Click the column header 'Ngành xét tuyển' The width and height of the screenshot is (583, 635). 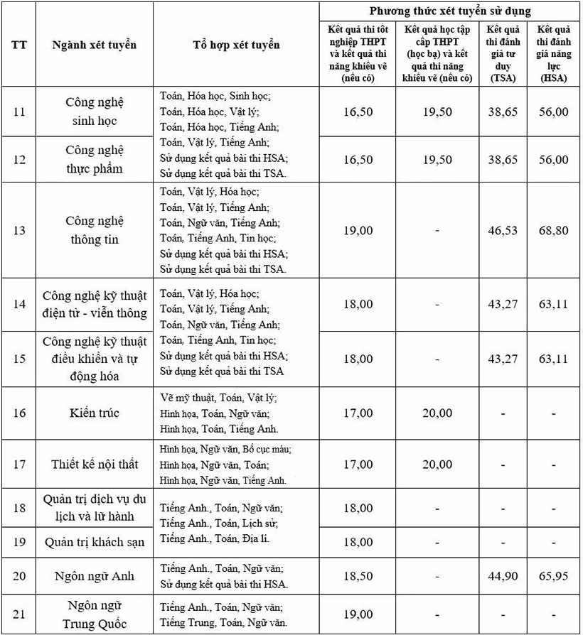click(x=94, y=45)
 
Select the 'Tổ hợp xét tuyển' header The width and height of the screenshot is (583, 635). click(x=236, y=45)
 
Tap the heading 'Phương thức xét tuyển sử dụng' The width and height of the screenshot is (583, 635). click(x=450, y=11)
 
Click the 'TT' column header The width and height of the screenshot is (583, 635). click(x=20, y=45)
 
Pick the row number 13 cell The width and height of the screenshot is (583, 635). click(x=20, y=230)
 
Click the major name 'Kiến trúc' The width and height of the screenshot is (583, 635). click(x=95, y=413)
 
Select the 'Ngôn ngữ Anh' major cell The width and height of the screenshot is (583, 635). click(x=95, y=575)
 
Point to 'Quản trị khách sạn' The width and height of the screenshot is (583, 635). click(x=95, y=542)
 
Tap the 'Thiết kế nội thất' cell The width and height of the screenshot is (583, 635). click(x=95, y=465)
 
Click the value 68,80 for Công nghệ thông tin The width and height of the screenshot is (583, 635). click(x=553, y=230)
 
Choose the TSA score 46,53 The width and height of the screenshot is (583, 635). click(x=503, y=230)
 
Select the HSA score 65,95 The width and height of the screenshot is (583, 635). click(x=553, y=575)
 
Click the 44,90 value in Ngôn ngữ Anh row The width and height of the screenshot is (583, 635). click(x=503, y=575)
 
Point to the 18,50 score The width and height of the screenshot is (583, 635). click(x=358, y=575)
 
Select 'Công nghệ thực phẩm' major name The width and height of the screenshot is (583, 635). click(x=95, y=159)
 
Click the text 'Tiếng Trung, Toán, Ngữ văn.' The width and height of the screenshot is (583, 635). click(x=223, y=622)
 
